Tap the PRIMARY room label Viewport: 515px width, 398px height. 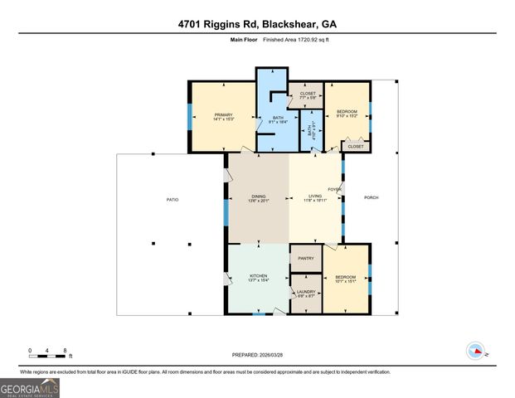click(223, 117)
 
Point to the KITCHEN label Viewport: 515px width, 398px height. click(258, 279)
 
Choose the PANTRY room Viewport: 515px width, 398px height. click(304, 259)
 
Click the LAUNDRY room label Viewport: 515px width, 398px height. click(304, 293)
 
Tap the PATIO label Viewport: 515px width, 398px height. click(172, 199)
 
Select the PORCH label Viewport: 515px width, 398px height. click(371, 197)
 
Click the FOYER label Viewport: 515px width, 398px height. click(335, 190)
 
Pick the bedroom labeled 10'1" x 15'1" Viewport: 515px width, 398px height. click(346, 279)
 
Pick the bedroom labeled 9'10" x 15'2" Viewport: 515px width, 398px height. click(347, 114)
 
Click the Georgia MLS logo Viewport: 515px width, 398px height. click(29, 387)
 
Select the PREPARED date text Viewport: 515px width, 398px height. click(257, 354)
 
